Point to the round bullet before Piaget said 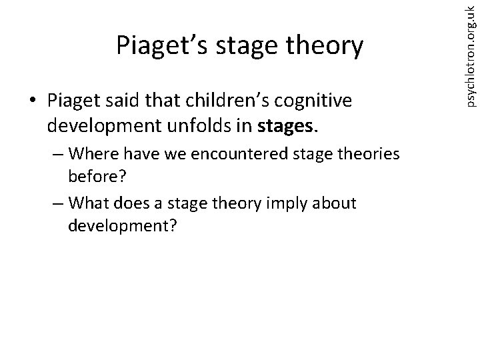32,101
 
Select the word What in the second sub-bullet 89,202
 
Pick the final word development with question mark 122,225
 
